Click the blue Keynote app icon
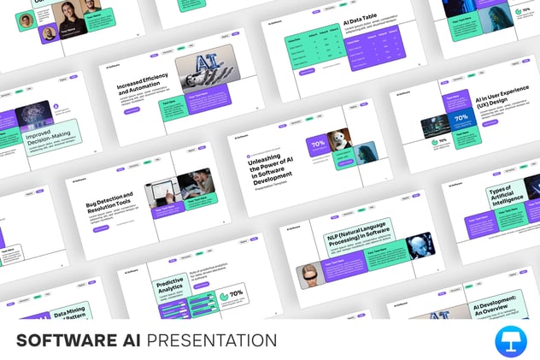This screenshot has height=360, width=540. click(511, 340)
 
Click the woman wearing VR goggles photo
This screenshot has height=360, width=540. click(308, 275)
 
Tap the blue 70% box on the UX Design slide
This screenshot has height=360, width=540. click(461, 119)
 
